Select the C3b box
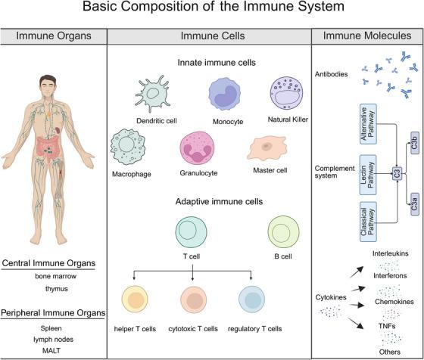415,144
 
